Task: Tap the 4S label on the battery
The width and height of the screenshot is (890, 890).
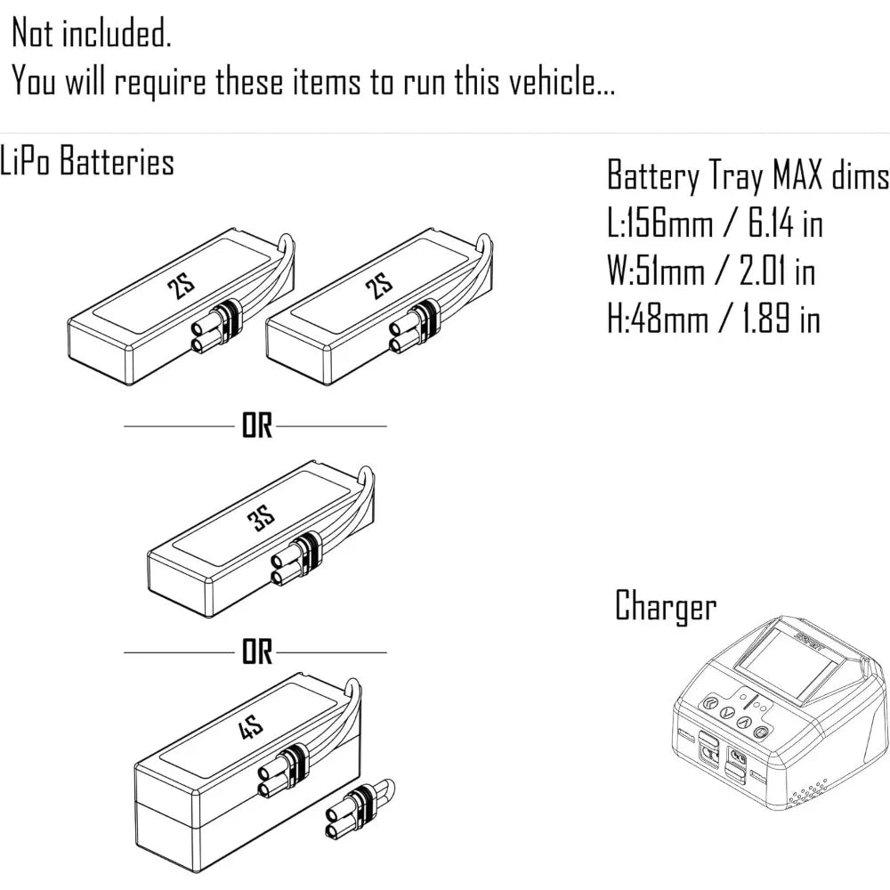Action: (253, 732)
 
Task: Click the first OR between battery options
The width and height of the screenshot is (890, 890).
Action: (256, 427)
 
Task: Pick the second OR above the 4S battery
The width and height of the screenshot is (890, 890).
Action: (256, 653)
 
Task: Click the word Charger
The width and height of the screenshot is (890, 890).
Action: (666, 607)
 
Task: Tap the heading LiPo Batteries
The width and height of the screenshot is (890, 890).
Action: (87, 163)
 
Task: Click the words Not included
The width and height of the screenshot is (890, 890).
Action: (91, 35)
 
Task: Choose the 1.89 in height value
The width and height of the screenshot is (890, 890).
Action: (781, 319)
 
